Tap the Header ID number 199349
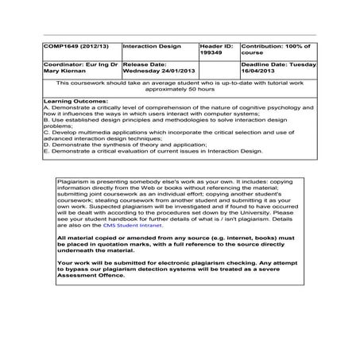[x=211, y=54]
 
